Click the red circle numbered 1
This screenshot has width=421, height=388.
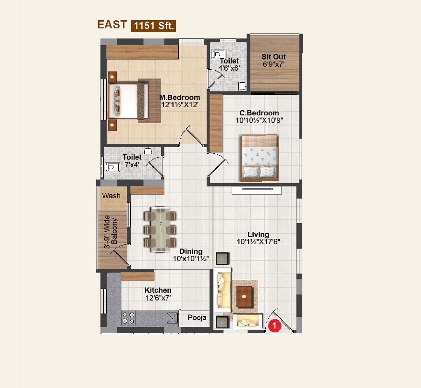tap(274, 325)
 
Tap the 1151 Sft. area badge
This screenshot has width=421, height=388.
tap(154, 26)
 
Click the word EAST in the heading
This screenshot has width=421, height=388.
tap(112, 25)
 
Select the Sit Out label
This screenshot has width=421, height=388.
tap(273, 57)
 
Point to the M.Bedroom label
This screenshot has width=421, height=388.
tap(180, 97)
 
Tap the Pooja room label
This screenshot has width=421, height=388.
tap(197, 317)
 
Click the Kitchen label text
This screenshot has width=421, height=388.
tap(158, 290)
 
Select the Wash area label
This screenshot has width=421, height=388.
tap(111, 196)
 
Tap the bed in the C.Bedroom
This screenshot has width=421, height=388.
tap(260, 157)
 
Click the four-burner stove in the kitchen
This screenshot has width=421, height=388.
tap(128, 318)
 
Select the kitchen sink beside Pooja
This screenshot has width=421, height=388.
tap(172, 317)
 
